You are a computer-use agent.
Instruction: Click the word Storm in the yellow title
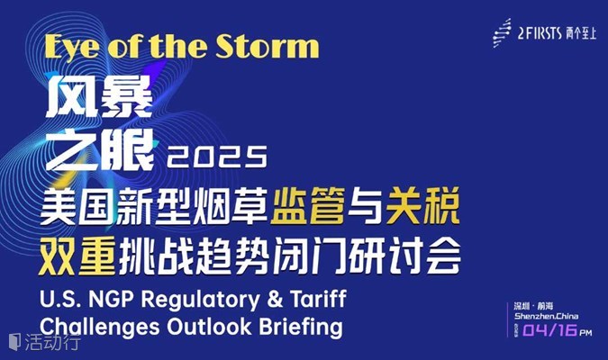coord(268,46)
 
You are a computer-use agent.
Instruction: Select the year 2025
coord(217,157)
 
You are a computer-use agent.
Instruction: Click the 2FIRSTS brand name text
coord(540,33)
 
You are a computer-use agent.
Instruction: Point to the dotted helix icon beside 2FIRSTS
coord(502,33)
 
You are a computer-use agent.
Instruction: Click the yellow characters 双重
coord(77,256)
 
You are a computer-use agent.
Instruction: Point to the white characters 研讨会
coord(404,256)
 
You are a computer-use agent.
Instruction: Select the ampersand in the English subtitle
coord(275,300)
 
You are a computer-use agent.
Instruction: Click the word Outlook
coord(209,327)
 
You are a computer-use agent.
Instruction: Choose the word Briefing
coord(301,328)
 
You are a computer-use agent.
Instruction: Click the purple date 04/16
coord(550,329)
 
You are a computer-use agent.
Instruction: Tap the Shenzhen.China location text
coord(546,316)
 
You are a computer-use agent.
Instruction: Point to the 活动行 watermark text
coord(53,342)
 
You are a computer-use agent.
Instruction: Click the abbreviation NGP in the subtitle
coord(111,300)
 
